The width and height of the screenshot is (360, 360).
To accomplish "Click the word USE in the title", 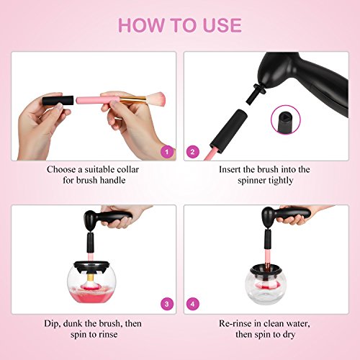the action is tap(222, 25).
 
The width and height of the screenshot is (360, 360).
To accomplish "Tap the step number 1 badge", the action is tap(167, 152).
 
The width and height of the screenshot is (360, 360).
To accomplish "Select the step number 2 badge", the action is tap(192, 152).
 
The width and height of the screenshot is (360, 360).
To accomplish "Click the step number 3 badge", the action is tap(167, 304).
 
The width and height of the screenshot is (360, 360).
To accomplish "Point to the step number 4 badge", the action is tap(192, 304).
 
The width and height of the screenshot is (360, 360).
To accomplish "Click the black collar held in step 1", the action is tap(58, 100).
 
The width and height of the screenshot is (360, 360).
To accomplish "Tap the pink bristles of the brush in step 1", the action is tap(156, 99).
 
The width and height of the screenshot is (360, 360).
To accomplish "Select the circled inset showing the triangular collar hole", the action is tap(286, 120).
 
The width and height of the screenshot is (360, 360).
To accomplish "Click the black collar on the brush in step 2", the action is tap(229, 130).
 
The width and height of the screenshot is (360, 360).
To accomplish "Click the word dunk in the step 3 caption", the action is tap(72, 323).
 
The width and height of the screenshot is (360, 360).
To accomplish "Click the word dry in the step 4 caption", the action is tap(289, 335).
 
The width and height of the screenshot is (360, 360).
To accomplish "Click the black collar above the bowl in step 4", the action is tap(268, 239).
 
